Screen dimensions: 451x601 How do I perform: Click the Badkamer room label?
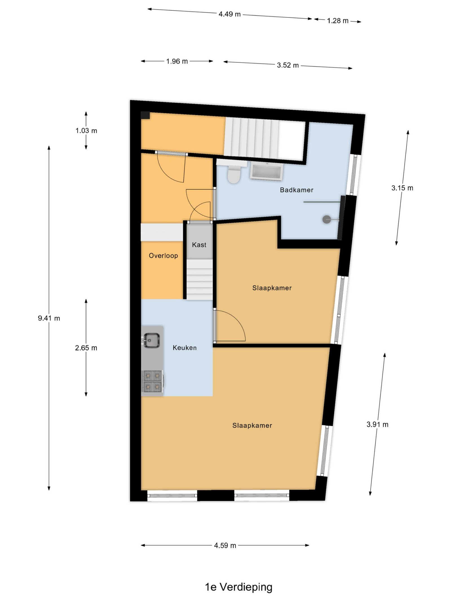(x=296, y=190)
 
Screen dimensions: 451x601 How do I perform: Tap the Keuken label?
(x=185, y=347)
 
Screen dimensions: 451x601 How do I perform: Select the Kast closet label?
(x=199, y=245)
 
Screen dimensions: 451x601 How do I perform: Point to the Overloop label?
(x=163, y=255)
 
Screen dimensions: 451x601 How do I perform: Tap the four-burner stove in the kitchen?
(x=152, y=381)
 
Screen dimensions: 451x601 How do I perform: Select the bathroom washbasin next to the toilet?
(x=266, y=171)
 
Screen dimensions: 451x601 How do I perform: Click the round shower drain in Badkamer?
(x=326, y=219)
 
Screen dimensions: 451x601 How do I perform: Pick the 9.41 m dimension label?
(x=49, y=318)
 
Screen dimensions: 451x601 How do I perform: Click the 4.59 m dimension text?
(x=225, y=545)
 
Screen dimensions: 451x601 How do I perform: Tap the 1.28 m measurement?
(x=338, y=21)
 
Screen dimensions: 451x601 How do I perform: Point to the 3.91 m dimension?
(x=377, y=424)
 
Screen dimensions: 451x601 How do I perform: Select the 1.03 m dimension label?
(x=86, y=130)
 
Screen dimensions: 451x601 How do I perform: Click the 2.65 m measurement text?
(x=86, y=348)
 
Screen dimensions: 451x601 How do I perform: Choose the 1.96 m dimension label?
(x=177, y=61)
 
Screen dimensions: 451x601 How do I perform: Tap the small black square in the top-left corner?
(x=145, y=115)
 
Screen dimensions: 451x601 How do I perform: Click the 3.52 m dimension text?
(x=288, y=65)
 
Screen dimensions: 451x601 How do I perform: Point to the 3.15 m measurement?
(x=402, y=188)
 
